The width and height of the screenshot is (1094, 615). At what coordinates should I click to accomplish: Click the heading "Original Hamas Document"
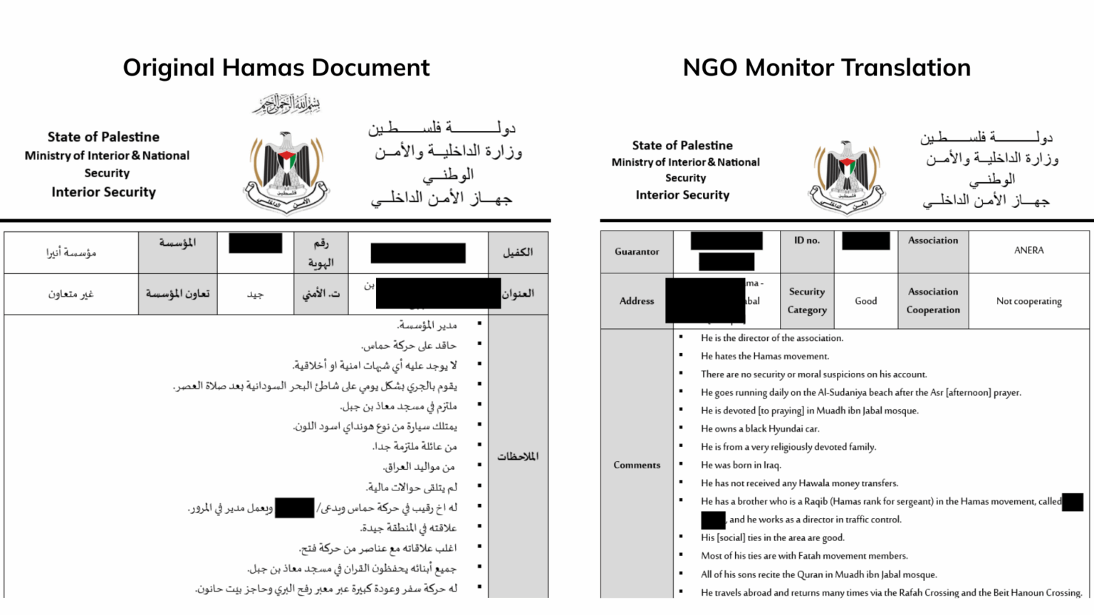tap(276, 68)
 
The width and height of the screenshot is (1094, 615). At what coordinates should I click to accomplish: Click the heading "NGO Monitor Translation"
tap(826, 68)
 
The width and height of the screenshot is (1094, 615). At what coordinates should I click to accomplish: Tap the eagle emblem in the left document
tap(286, 172)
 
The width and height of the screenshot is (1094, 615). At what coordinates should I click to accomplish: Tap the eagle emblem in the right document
tap(846, 177)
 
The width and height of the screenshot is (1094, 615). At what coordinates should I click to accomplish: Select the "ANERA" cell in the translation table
tap(1028, 251)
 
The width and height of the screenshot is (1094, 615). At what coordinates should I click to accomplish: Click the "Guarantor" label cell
tap(637, 252)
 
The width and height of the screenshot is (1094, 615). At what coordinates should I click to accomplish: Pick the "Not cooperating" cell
tap(1028, 301)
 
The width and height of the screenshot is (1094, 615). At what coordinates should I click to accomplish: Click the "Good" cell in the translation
tap(865, 301)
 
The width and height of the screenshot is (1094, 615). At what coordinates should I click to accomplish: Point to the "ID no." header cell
tap(806, 241)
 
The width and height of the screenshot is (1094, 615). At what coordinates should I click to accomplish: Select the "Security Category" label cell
tap(807, 301)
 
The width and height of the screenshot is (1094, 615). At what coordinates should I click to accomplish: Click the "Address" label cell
tap(637, 301)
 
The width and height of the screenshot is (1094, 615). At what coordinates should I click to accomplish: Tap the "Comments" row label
tap(637, 465)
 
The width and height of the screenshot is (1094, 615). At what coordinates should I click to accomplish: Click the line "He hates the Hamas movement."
tap(764, 356)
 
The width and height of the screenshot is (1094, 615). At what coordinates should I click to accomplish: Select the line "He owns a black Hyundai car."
tap(759, 429)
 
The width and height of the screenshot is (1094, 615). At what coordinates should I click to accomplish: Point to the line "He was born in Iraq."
tap(741, 465)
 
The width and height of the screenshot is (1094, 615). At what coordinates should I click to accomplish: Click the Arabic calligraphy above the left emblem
tap(286, 105)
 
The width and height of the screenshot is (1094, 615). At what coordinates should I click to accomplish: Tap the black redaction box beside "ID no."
tap(865, 241)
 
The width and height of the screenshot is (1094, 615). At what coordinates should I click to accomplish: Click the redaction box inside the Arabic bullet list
tap(294, 508)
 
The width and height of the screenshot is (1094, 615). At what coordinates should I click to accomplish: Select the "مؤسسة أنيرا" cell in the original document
tap(71, 253)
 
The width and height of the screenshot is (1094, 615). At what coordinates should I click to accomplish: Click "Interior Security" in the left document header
tap(103, 192)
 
